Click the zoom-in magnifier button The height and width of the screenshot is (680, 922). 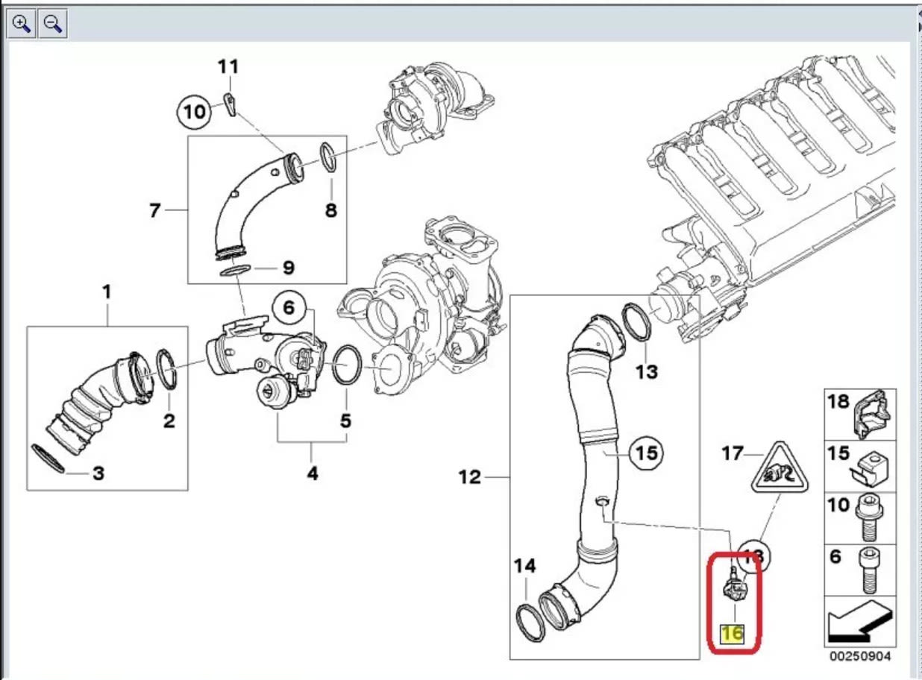pyautogui.click(x=22, y=24)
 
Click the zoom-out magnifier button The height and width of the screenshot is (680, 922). pyautogui.click(x=52, y=24)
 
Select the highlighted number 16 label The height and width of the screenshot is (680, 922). pyautogui.click(x=733, y=633)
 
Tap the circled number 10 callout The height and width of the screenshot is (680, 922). pyautogui.click(x=194, y=113)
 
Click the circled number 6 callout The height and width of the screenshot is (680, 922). pyautogui.click(x=289, y=307)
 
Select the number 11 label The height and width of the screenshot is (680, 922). pyautogui.click(x=228, y=66)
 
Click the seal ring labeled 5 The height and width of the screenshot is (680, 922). pyautogui.click(x=345, y=365)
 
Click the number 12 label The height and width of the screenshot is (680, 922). pyautogui.click(x=470, y=477)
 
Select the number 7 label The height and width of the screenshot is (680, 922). pyautogui.click(x=154, y=211)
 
